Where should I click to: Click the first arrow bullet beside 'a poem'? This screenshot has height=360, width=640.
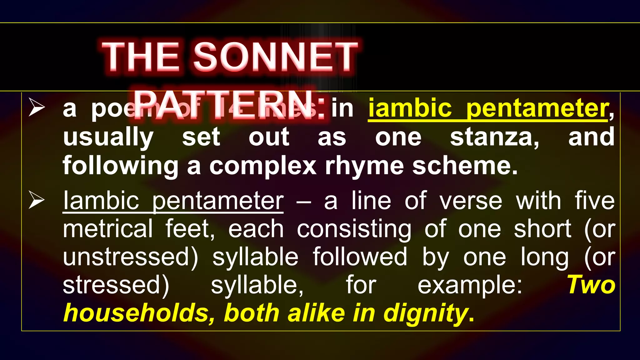[37, 107]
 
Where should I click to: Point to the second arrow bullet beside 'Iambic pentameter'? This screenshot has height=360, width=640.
[37, 200]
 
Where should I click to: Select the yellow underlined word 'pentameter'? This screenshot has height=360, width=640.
[537, 108]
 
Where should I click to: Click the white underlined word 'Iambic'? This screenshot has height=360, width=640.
[101, 200]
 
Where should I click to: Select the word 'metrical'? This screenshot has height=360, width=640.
[108, 228]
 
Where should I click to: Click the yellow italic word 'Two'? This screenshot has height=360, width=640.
[591, 285]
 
